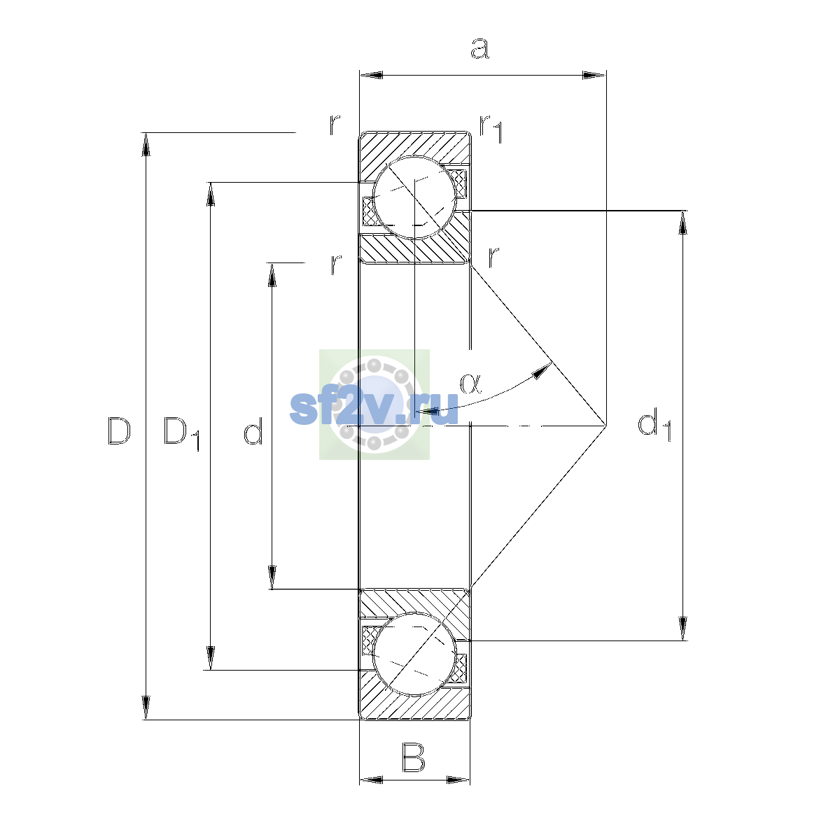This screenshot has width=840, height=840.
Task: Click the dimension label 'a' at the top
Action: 479,48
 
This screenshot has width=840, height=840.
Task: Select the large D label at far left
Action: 119,430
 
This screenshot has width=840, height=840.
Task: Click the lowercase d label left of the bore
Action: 253,430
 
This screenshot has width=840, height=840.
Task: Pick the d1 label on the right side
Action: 654,424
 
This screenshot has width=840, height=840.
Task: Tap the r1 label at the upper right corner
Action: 491,129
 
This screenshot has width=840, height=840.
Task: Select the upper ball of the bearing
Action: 414,197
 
